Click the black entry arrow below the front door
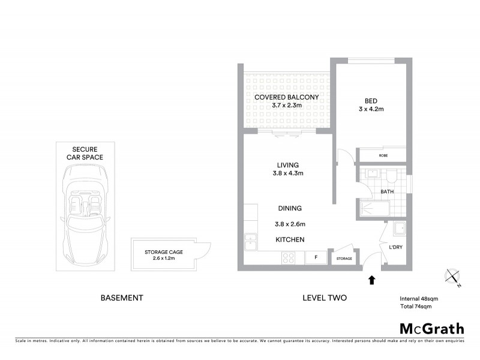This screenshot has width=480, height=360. pyautogui.click(x=372, y=279)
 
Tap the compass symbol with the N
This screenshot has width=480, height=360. pyautogui.click(x=452, y=277)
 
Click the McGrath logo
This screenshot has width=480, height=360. pyautogui.click(x=431, y=328)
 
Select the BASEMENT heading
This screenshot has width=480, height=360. pyautogui.click(x=121, y=298)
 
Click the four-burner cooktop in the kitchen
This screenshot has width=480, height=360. pyautogui.click(x=288, y=258)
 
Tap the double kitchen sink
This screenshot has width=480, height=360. pyautogui.click(x=250, y=243)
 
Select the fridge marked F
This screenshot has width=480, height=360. pyautogui.click(x=314, y=257)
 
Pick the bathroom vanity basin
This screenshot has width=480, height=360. pyautogui.click(x=372, y=175)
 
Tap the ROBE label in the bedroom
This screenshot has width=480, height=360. pyautogui.click(x=383, y=155)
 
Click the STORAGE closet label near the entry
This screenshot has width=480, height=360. pyautogui.click(x=344, y=259)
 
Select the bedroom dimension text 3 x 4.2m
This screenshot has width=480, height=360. pyautogui.click(x=370, y=109)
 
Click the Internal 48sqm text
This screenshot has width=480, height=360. pyautogui.click(x=419, y=298)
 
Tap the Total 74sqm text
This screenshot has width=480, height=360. pyautogui.click(x=416, y=306)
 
